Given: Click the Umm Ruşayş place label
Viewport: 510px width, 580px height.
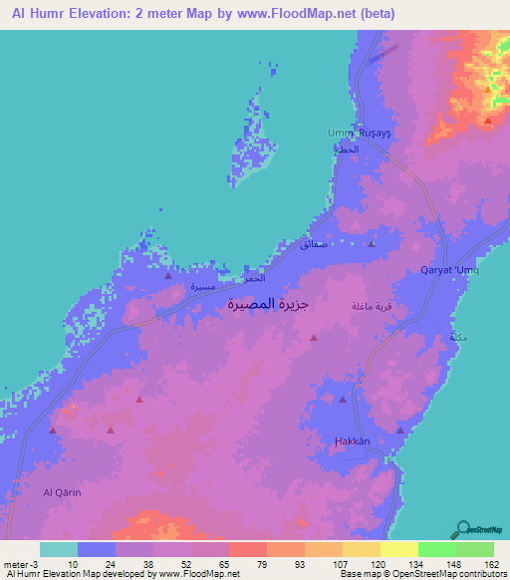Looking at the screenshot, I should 356,133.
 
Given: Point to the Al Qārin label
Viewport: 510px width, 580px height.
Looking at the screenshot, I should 61,492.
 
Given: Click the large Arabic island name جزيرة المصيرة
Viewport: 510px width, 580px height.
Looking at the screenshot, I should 263,306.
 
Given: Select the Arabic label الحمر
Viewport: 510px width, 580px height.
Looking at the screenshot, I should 256,281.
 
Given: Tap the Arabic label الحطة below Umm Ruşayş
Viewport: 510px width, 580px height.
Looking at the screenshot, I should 344,148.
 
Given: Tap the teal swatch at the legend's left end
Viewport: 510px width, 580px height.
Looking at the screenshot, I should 59,549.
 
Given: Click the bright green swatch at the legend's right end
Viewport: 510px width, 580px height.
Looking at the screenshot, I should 475,549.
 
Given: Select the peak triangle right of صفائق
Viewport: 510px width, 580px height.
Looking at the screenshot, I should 372,243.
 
